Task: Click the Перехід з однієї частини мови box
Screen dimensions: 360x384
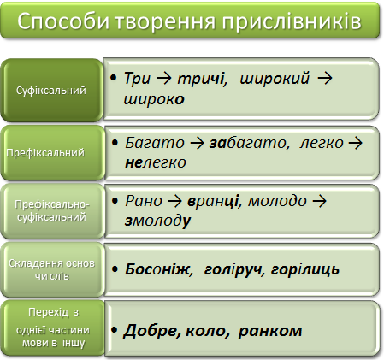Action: click(53, 328)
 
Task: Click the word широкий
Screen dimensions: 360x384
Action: click(275, 80)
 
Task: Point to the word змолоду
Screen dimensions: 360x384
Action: click(157, 221)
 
